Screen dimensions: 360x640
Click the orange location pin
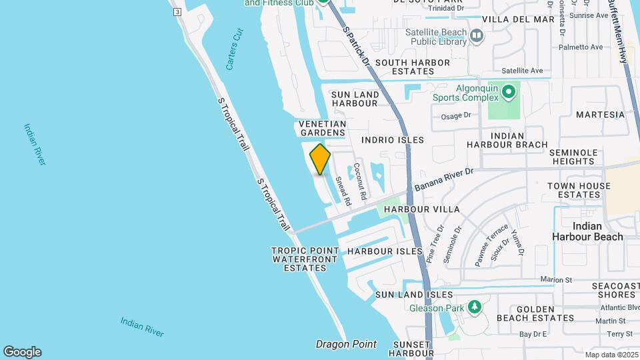(x=320, y=159)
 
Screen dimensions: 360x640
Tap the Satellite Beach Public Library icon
(x=477, y=35)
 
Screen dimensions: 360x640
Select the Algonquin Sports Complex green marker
(x=509, y=91)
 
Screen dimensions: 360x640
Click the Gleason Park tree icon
(x=475, y=307)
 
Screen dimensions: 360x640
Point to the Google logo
(x=22, y=351)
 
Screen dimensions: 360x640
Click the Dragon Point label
(x=345, y=345)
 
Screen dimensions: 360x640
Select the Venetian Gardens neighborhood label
(x=322, y=129)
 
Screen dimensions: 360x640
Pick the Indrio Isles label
(x=392, y=140)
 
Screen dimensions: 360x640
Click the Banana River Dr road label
(x=443, y=179)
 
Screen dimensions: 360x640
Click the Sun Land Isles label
(x=414, y=295)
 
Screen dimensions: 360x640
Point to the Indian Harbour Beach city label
(x=587, y=231)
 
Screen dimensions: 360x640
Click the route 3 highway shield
(x=177, y=12)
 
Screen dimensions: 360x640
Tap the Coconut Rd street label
(x=360, y=179)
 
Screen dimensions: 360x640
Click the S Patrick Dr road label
(x=357, y=46)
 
